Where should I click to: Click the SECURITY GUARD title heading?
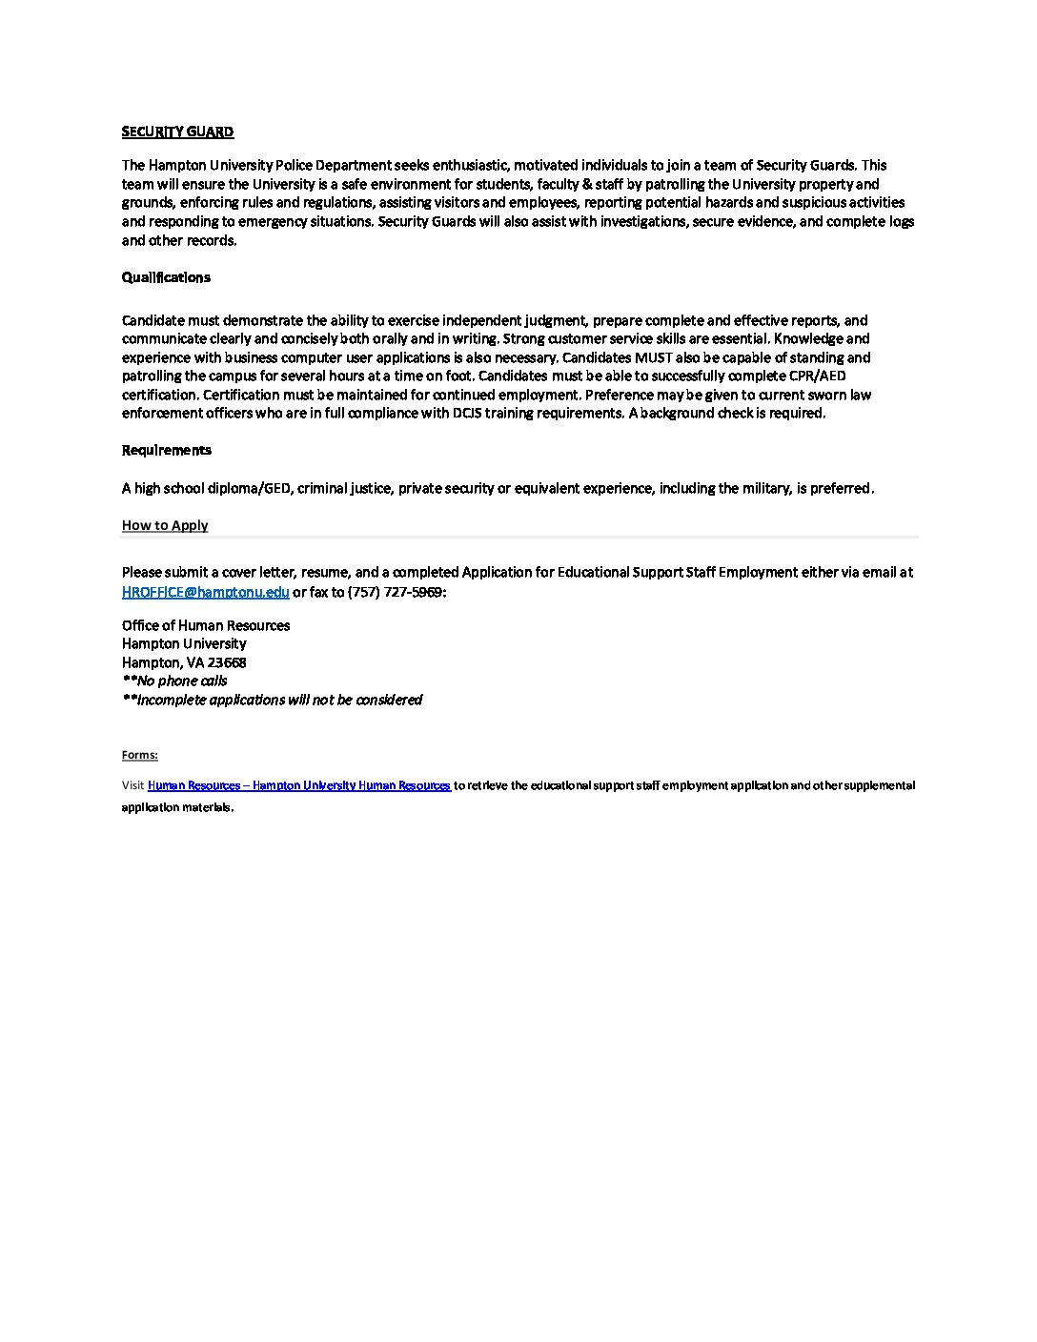point(177,132)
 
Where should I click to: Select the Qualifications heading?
point(166,277)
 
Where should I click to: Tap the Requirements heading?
point(167,450)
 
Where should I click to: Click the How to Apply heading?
point(165,525)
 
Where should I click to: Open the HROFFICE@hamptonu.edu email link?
point(206,592)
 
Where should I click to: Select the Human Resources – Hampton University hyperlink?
point(299,785)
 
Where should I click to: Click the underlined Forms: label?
point(140,755)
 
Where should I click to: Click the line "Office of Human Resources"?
point(206,625)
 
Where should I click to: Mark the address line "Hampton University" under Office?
point(184,643)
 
